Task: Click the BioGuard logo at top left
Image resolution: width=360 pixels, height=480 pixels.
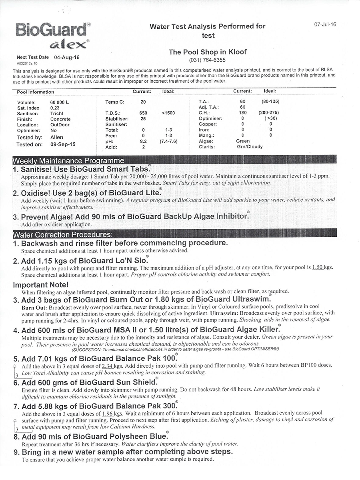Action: click(x=53, y=35)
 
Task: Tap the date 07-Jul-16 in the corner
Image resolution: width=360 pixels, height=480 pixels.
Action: click(x=325, y=24)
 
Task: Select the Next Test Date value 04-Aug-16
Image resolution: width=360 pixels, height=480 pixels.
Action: click(x=67, y=57)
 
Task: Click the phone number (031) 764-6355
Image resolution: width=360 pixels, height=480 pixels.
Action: click(x=207, y=60)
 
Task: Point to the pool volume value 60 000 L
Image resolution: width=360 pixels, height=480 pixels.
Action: click(x=60, y=102)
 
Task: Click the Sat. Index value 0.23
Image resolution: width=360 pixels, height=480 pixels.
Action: click(x=55, y=108)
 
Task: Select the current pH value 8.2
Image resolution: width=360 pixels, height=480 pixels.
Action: click(x=143, y=141)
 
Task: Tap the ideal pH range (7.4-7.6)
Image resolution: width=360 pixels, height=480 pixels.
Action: click(x=168, y=141)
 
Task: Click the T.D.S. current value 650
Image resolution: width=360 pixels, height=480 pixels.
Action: click(x=143, y=113)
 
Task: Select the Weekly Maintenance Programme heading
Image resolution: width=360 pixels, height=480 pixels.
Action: click(x=68, y=161)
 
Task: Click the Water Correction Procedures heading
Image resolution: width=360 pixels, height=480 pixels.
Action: click(x=63, y=234)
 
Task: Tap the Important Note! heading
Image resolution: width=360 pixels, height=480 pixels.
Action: click(x=41, y=285)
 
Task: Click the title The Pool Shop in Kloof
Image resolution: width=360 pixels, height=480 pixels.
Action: click(x=208, y=52)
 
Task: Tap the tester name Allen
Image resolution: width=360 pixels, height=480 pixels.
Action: click(x=57, y=138)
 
